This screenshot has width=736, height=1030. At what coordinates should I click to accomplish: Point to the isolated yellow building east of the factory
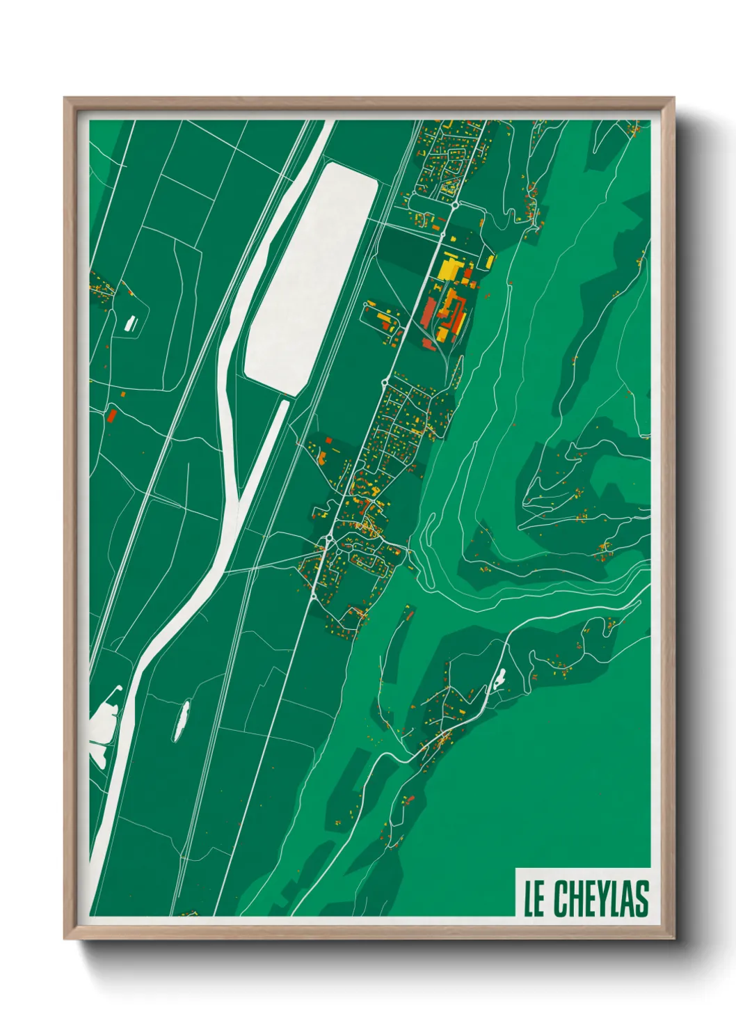point(490,262)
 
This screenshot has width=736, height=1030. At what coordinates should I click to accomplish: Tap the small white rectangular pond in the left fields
point(130,322)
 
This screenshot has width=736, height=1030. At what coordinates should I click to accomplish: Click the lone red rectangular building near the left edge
point(111,415)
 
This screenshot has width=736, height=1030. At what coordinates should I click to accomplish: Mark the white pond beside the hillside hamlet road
point(499,679)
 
